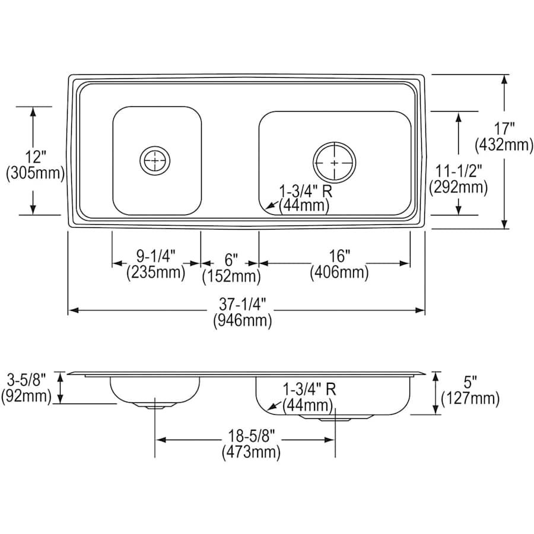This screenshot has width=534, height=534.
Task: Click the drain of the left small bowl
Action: click(x=155, y=160)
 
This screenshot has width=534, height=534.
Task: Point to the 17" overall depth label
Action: click(x=504, y=128)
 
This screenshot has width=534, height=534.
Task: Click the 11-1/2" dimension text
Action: click(x=457, y=171)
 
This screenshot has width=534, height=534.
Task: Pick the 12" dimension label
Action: click(x=34, y=157)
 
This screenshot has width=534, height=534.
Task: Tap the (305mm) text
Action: click(x=34, y=174)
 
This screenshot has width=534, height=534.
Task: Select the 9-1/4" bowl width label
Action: click(x=156, y=256)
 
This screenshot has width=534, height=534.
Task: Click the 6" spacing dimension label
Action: click(x=231, y=259)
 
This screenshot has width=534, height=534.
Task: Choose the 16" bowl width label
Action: click(x=338, y=256)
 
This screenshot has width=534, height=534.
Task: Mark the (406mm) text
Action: click(x=339, y=273)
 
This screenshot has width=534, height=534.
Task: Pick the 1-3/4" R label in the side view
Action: click(x=309, y=390)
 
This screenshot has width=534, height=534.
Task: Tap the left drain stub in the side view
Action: click(x=155, y=405)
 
